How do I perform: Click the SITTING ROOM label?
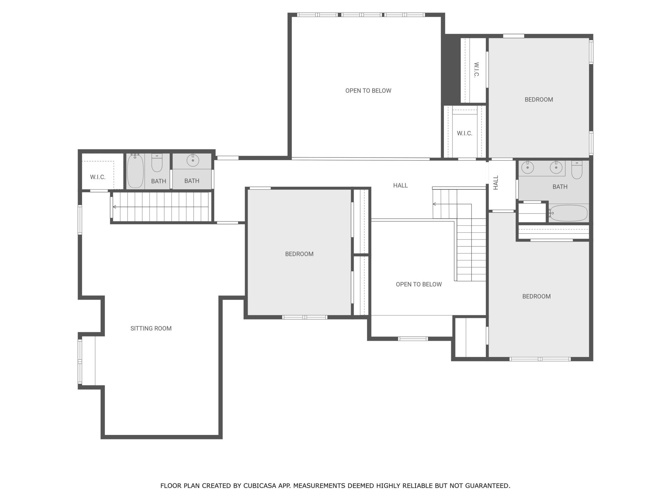[151, 328]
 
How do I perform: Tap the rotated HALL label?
[496, 183]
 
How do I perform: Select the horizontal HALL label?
[401, 185]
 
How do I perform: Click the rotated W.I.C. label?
[476, 70]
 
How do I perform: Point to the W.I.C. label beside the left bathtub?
[98, 177]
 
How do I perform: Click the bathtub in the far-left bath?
[135, 171]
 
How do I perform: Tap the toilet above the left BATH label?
[157, 163]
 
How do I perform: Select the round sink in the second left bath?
[193, 160]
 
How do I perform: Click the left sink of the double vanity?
[527, 168]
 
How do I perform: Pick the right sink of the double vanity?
[556, 167]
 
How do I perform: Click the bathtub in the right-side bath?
[568, 213]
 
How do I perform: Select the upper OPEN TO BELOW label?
[368, 91]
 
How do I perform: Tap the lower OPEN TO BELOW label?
[419, 284]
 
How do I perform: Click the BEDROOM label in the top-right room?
[539, 100]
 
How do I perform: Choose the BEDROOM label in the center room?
[299, 254]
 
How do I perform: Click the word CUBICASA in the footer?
[259, 486]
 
